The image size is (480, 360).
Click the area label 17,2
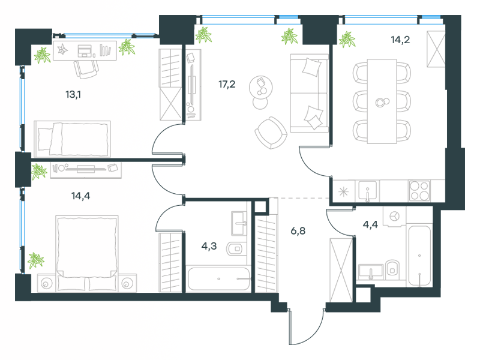(227, 84)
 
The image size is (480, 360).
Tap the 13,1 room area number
(73, 95)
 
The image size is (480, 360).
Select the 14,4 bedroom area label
(81, 196)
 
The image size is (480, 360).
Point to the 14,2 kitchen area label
(400, 40)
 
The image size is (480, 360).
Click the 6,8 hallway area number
(298, 231)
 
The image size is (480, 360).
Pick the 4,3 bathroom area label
(209, 246)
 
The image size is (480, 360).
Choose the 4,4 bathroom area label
(370, 224)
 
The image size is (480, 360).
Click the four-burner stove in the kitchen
(419, 191)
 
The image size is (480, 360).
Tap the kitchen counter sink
(368, 191)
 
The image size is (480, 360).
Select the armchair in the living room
(271, 133)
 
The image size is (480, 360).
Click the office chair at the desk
(86, 69)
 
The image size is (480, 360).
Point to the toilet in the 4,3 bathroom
(235, 248)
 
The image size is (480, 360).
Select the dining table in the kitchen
(382, 101)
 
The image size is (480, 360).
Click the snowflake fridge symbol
(343, 192)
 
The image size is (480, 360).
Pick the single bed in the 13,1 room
(72, 139)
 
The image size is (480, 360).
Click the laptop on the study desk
(85, 51)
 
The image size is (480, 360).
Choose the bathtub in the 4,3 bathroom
(218, 279)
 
